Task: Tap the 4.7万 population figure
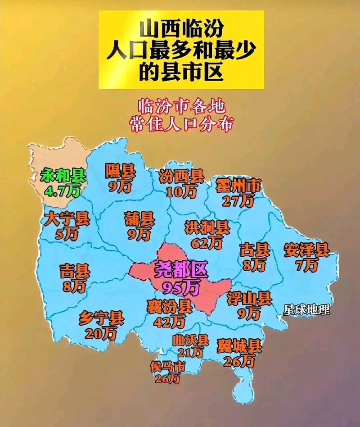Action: (62, 191)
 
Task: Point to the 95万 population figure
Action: (182, 286)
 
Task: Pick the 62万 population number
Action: (207, 244)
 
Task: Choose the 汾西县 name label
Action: (181, 176)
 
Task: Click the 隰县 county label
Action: (120, 170)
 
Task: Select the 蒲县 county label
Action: (139, 219)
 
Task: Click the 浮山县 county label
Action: (249, 297)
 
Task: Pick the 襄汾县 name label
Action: (169, 307)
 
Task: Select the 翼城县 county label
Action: (239, 346)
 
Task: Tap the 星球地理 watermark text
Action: (306, 309)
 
